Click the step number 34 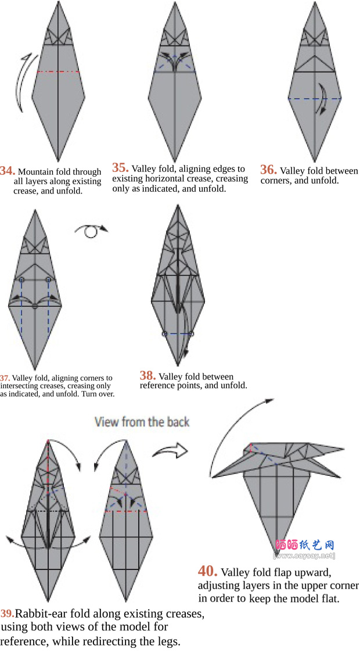(8, 171)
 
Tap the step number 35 (120, 168)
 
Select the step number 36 (268, 170)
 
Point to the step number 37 (5, 378)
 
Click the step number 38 (148, 375)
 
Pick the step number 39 (8, 614)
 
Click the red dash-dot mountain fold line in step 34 (58, 72)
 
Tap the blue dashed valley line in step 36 (315, 99)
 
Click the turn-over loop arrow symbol (91, 230)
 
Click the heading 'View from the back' (142, 421)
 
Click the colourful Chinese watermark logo (305, 545)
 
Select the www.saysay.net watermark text (304, 555)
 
